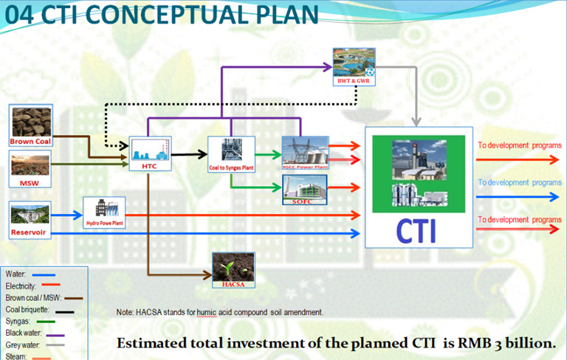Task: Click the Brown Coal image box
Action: point(30,125)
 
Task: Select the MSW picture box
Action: point(30,167)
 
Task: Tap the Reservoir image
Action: point(30,218)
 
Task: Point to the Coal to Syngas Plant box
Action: point(231,154)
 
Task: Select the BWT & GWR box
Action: point(354,66)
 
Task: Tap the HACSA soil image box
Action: point(233,269)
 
